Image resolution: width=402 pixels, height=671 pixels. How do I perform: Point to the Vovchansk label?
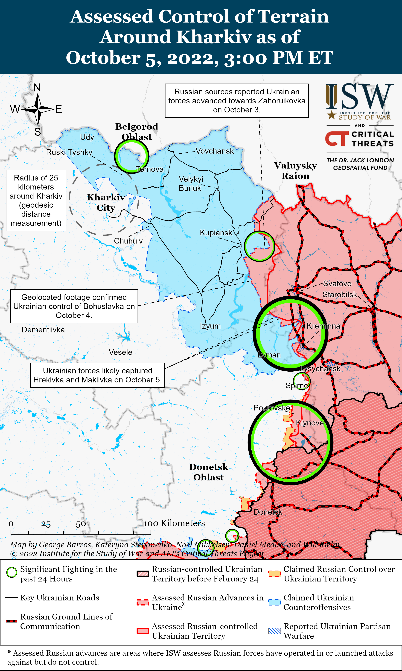(215, 151)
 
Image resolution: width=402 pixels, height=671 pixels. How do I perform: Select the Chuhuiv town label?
(128, 241)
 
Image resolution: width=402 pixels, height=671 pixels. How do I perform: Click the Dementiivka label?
(43, 330)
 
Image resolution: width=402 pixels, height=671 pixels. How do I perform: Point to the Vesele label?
(120, 352)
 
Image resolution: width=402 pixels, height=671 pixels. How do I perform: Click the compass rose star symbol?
(38, 109)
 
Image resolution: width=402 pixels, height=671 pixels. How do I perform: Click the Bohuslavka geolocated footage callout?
(74, 306)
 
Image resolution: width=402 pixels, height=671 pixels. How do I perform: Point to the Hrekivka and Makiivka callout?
(98, 375)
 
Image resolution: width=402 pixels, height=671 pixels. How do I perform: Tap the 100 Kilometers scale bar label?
(174, 523)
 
